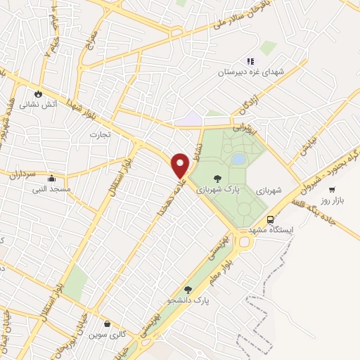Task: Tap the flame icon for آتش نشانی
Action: click(x=38, y=93)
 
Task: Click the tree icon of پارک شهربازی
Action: click(x=217, y=180)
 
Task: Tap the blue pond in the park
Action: click(x=238, y=160)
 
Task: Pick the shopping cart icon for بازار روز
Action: click(x=331, y=189)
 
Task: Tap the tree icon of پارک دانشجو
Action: click(x=187, y=289)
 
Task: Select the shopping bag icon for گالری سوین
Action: click(x=107, y=324)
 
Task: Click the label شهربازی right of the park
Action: click(x=269, y=190)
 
